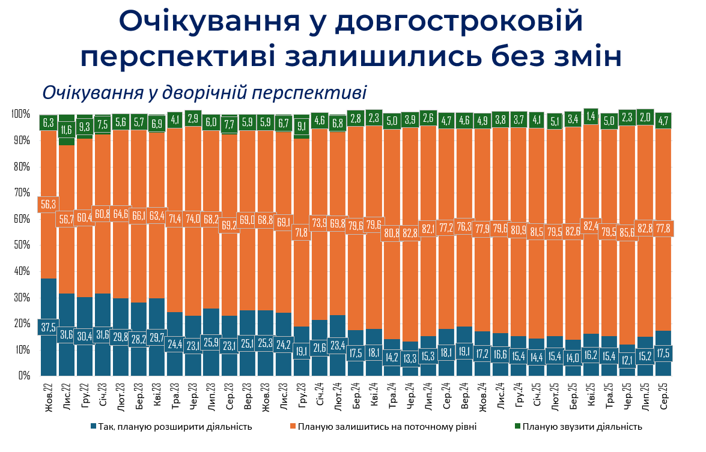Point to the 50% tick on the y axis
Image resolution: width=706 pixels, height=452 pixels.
[22, 245]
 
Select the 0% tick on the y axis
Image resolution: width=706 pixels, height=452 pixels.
[24, 376]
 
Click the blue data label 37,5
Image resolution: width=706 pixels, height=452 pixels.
[49, 327]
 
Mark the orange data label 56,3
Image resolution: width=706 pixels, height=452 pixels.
[49, 204]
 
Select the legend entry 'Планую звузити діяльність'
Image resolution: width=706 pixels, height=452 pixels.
[582, 427]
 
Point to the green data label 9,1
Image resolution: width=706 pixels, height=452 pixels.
[302, 126]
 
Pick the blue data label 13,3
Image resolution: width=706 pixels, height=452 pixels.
[410, 359]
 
